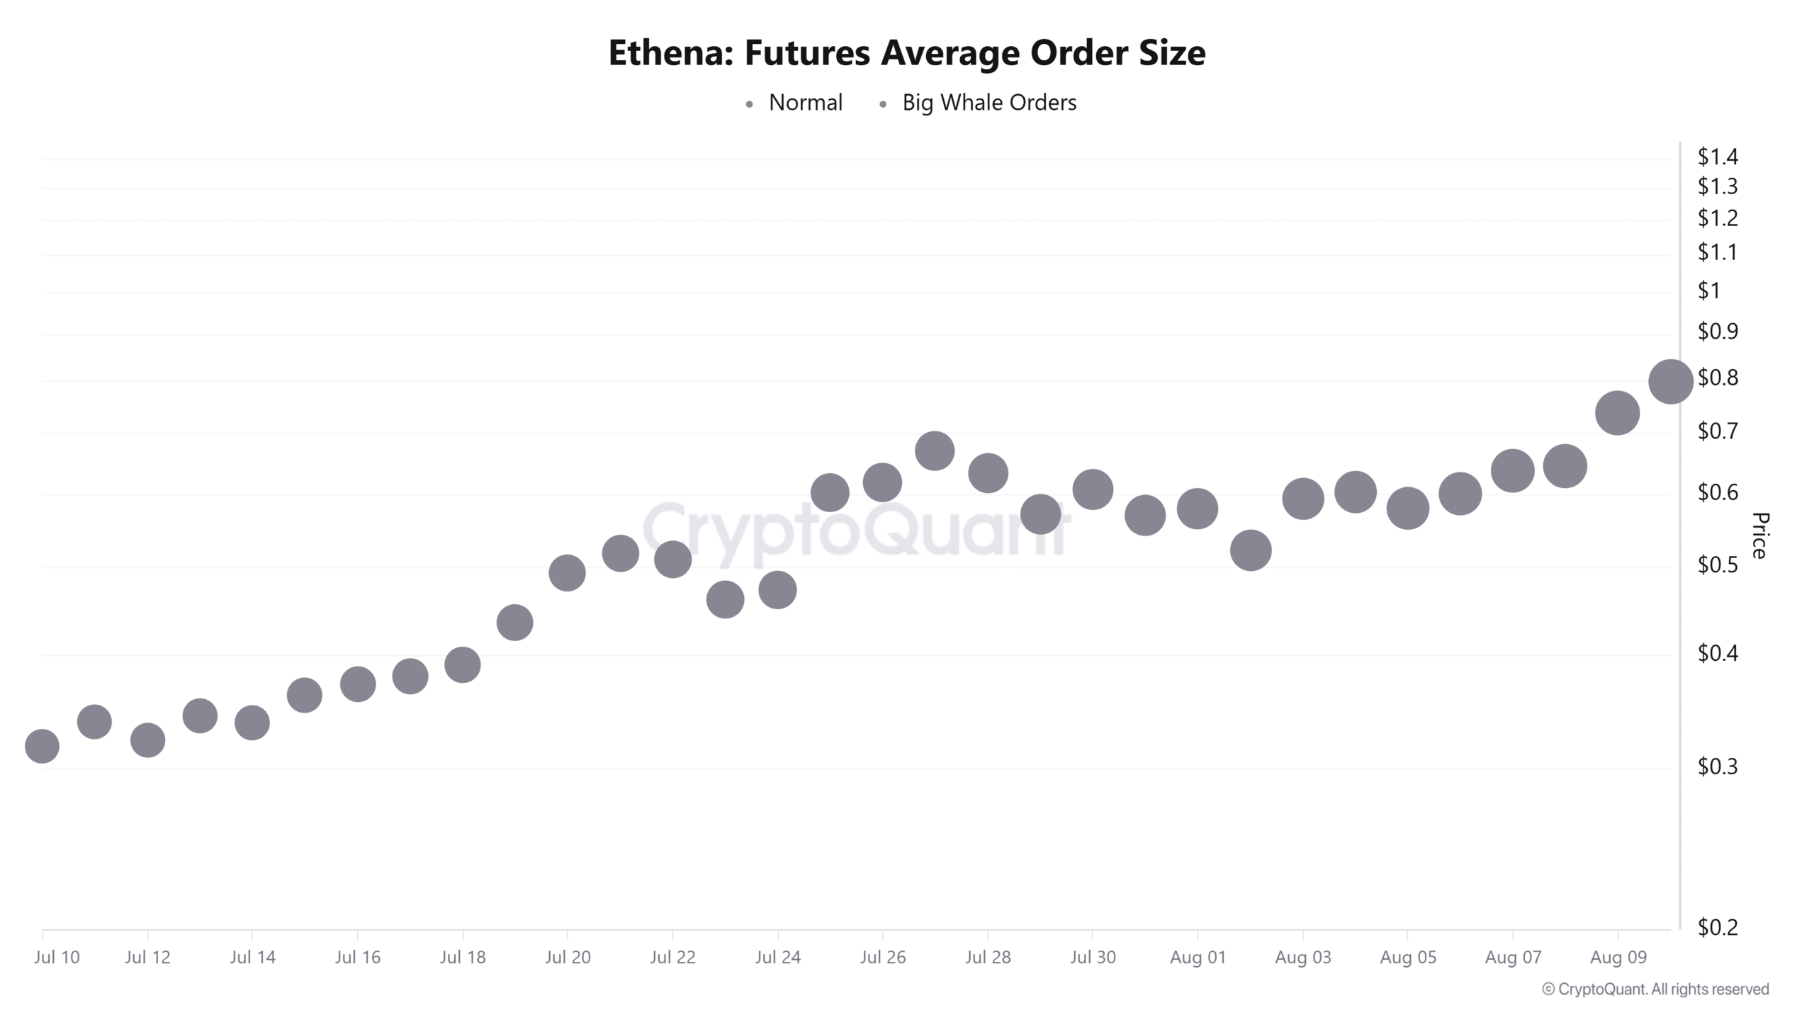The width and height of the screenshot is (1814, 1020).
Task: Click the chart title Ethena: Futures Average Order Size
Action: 906,53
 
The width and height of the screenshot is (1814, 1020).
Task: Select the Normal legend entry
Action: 805,103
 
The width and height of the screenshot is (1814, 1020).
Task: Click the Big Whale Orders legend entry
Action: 988,103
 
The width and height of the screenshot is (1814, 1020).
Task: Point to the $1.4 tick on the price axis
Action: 1717,157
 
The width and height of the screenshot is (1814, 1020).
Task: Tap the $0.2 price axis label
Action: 1717,927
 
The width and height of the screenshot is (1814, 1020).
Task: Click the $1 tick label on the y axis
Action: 1708,290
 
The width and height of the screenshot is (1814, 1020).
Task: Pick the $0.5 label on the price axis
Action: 1717,565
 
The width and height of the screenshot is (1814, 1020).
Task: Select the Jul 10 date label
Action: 57,958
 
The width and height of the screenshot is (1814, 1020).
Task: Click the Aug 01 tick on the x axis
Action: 1198,958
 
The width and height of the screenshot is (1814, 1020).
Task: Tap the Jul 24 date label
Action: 777,958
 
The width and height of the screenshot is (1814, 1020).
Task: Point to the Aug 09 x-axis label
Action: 1618,958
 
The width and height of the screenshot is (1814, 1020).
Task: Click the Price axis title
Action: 1759,535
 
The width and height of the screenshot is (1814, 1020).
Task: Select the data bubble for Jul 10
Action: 42,746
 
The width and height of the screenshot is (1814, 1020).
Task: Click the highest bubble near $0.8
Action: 1670,381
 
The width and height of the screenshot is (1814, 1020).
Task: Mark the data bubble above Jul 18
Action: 463,664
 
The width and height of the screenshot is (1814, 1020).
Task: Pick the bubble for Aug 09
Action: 1617,413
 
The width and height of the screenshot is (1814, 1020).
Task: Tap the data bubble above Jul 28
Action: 988,473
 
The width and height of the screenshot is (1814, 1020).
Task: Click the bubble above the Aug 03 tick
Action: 1302,498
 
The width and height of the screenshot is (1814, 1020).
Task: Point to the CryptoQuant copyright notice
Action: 1655,990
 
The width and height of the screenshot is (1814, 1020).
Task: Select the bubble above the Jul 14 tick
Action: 252,722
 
